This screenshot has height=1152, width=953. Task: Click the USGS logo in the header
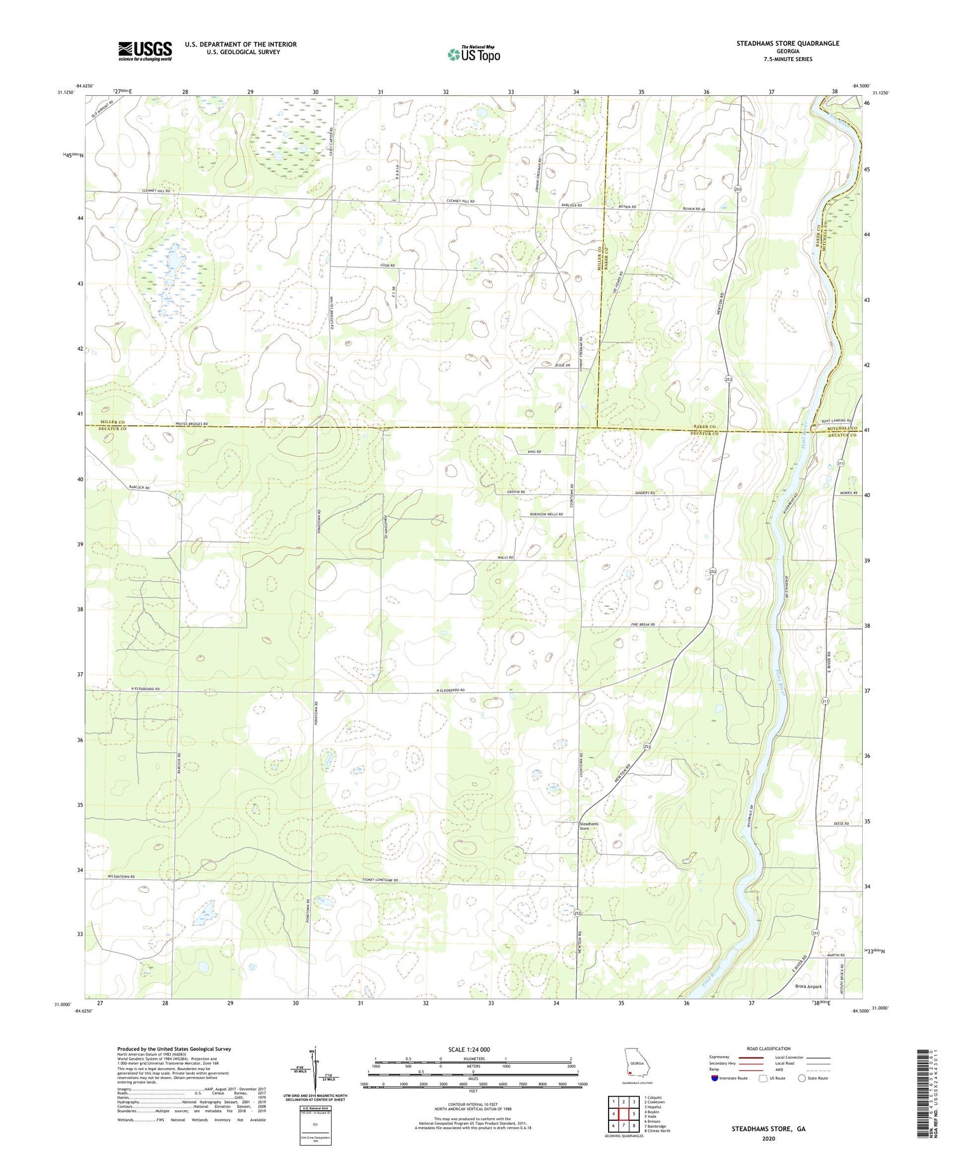click(145, 51)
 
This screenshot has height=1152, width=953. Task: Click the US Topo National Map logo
click(473, 54)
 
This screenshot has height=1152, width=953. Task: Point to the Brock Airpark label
click(808, 986)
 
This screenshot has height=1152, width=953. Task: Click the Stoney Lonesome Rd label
click(380, 880)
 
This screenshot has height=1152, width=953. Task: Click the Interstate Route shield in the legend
click(715, 1078)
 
